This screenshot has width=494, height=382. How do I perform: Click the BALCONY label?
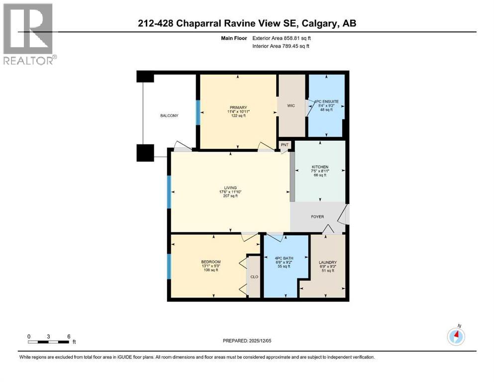(169, 115)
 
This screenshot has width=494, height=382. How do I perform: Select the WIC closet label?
(292, 105)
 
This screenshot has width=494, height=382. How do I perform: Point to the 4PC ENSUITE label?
(326, 101)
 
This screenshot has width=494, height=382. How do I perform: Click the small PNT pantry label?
(285, 145)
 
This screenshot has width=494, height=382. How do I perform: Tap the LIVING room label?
(230, 188)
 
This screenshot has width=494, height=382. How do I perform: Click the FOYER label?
(317, 216)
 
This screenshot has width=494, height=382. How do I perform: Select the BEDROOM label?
(211, 262)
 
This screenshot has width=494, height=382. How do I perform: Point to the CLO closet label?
(254, 278)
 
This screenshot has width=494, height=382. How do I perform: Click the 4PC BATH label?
(285, 258)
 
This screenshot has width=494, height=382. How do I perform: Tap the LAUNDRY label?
(327, 263)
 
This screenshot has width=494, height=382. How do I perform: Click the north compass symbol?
(456, 336)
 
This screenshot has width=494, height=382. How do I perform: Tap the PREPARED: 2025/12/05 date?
(247, 341)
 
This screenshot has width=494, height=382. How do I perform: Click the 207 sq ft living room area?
(230, 196)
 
